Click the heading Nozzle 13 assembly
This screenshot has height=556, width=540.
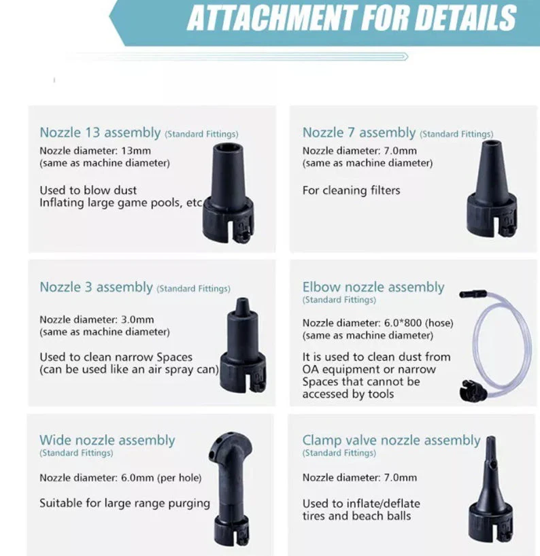click(100, 133)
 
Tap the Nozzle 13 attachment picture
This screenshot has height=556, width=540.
click(228, 193)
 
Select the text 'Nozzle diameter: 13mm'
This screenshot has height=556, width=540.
click(95, 151)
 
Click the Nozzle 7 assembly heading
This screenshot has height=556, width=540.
click(358, 133)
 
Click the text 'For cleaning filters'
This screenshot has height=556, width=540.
click(351, 190)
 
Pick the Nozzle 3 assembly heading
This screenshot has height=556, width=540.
click(96, 288)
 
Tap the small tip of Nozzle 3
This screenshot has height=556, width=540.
click(242, 304)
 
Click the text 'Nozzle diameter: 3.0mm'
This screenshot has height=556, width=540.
click(97, 319)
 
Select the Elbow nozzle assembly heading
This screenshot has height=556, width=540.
click(373, 288)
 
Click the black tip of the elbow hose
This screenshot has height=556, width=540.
click(473, 294)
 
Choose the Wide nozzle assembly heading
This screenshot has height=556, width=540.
click(107, 440)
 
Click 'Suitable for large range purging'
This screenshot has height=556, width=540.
click(125, 504)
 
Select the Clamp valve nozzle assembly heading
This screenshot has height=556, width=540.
click(391, 440)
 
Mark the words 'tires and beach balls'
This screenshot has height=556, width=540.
click(356, 516)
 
